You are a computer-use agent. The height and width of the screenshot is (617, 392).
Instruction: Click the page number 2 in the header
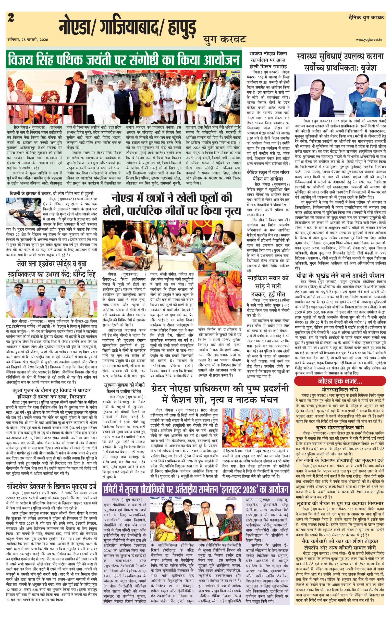point(11,18)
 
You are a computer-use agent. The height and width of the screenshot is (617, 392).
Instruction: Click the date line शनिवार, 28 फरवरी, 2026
point(28,40)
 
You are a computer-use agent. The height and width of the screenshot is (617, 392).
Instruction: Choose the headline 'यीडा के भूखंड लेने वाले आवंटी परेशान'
point(340,276)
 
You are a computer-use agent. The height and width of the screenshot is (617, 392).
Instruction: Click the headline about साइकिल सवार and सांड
point(268,286)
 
